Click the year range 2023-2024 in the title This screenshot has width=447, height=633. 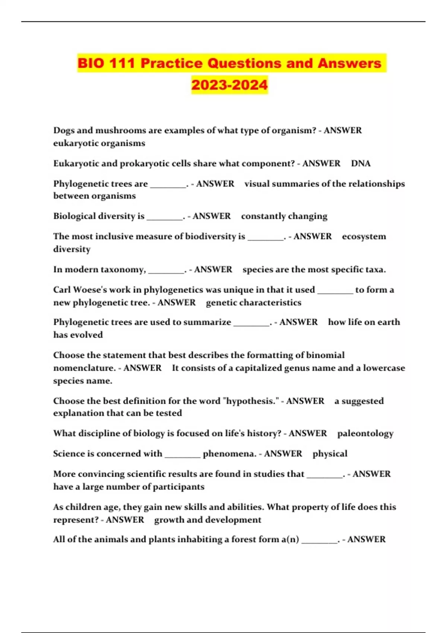tap(229, 85)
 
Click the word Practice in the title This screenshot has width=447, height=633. tap(171, 63)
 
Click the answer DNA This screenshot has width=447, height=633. tap(361, 163)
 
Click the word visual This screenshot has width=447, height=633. tap(257, 184)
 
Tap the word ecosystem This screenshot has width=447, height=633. tap(364, 236)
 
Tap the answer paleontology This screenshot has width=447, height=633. tap(365, 433)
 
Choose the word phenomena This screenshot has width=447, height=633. tap(229, 454)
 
